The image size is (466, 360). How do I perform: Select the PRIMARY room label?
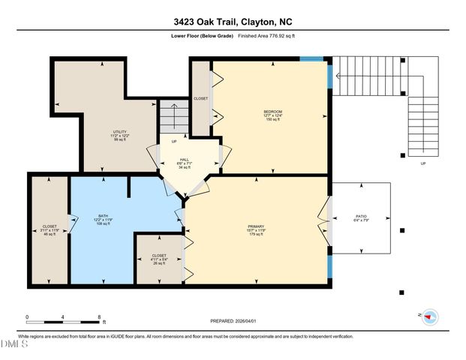[257, 226]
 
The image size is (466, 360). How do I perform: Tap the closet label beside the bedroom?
[200, 98]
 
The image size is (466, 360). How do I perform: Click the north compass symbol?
[429, 316]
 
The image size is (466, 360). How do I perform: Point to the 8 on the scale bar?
[98, 317]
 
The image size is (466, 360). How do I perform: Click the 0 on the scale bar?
[27, 317]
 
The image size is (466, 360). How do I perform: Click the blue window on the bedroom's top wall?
[311, 58]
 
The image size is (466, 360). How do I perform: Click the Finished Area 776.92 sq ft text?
[267, 35]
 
